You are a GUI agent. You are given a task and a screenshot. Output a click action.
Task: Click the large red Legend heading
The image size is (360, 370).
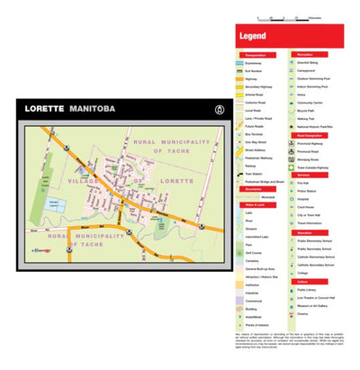[x=253, y=38]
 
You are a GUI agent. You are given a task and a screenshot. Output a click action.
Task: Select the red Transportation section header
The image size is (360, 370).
[x=256, y=55]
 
